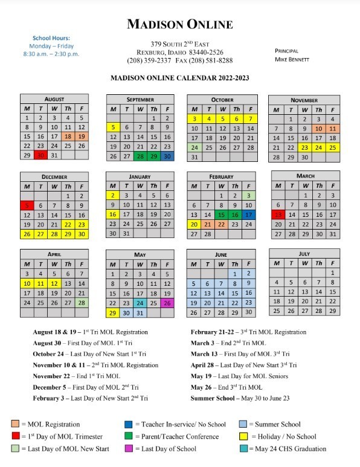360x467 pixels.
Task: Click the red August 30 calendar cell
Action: pyautogui.click(x=40, y=155)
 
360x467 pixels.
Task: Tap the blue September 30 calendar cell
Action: pyautogui.click(x=167, y=156)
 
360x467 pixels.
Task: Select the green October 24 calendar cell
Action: pyautogui.click(x=194, y=147)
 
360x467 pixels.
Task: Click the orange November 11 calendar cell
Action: pyautogui.click(x=333, y=129)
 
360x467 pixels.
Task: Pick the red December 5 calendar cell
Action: pyautogui.click(x=27, y=205)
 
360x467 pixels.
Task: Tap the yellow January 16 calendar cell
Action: pyautogui.click(x=113, y=214)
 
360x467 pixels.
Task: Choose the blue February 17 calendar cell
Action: pyautogui.click(x=248, y=214)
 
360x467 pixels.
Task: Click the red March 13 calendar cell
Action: pyautogui.click(x=278, y=214)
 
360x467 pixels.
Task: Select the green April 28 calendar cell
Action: pyautogui.click(x=82, y=303)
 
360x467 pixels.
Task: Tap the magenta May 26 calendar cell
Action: pyautogui.click(x=167, y=303)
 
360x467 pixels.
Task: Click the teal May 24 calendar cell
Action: pyautogui.click(x=140, y=303)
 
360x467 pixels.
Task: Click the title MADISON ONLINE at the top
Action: pyautogui.click(x=179, y=25)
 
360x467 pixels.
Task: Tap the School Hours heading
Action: pyautogui.click(x=51, y=38)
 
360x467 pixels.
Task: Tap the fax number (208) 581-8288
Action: pyautogui.click(x=209, y=60)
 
